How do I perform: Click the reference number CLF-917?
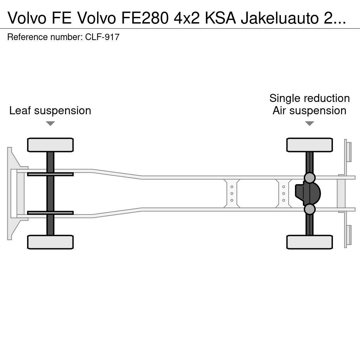click(x=102, y=37)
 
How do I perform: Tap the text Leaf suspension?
click(x=50, y=110)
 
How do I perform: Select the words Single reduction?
click(x=309, y=98)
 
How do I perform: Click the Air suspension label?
click(x=309, y=110)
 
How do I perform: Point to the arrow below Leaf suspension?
click(x=50, y=123)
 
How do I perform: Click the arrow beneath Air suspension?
click(x=309, y=123)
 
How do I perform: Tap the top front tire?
click(x=50, y=145)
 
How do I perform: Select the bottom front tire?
click(x=50, y=242)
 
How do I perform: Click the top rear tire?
click(x=309, y=145)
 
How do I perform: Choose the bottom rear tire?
click(x=309, y=242)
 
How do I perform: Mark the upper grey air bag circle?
click(x=309, y=178)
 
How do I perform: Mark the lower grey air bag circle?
click(x=309, y=209)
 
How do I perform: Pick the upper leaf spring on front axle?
click(x=50, y=174)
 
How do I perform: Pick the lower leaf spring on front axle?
click(x=50, y=213)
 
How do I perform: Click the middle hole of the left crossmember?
click(x=232, y=193)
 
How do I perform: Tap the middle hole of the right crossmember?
click(x=283, y=193)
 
